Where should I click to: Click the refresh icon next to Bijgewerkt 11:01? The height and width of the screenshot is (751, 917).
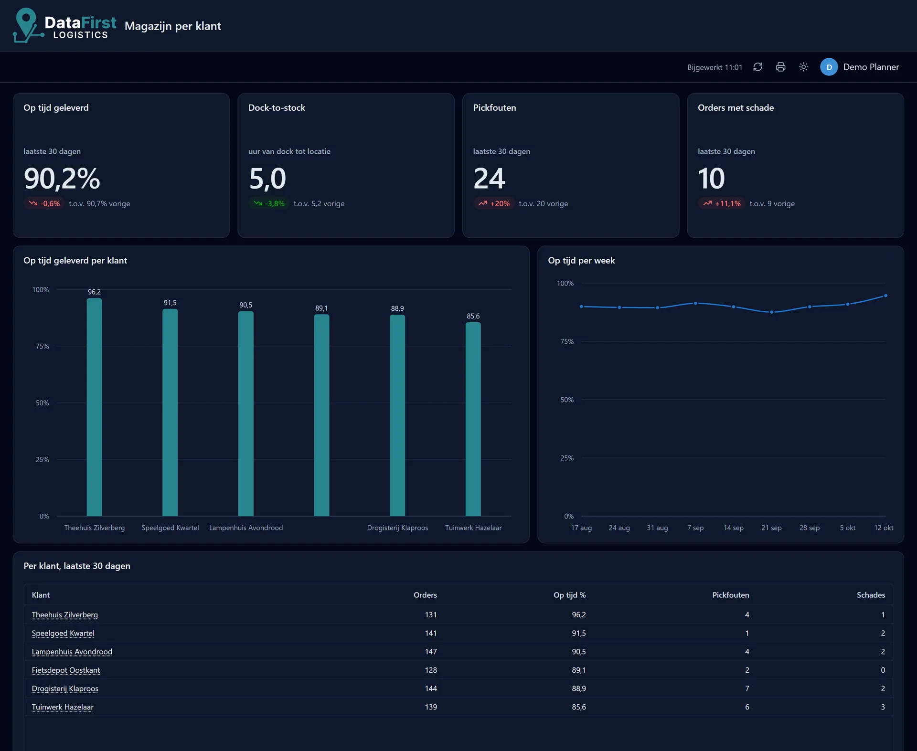pos(757,67)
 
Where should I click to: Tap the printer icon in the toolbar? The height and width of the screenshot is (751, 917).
pos(780,67)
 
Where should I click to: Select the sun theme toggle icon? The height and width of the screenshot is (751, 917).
pos(803,67)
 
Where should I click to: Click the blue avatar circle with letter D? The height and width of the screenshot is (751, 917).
pos(829,67)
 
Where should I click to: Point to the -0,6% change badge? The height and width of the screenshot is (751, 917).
pos(44,203)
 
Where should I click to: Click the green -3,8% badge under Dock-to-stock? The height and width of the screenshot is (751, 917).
pos(269,203)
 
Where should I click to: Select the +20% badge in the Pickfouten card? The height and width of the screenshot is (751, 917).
pos(494,203)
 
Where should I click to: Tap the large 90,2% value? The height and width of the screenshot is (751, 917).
pos(62,179)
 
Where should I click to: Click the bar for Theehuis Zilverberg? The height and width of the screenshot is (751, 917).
pos(94,407)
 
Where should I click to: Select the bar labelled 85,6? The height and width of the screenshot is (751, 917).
pos(473,419)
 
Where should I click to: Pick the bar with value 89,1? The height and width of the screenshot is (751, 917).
pos(321,415)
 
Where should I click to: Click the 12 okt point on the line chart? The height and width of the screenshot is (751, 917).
pos(885,296)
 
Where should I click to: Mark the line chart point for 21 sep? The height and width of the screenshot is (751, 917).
pos(771,312)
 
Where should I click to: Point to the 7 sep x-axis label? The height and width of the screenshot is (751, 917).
pos(695,528)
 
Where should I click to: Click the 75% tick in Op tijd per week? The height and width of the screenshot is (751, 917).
pos(567,341)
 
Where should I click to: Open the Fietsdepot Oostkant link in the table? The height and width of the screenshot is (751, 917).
pos(66,670)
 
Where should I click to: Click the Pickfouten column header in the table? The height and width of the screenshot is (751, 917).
pos(731,595)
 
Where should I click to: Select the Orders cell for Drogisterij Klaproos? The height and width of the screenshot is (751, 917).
pos(431,688)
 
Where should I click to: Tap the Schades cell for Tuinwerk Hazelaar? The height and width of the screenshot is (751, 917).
pos(883,707)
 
